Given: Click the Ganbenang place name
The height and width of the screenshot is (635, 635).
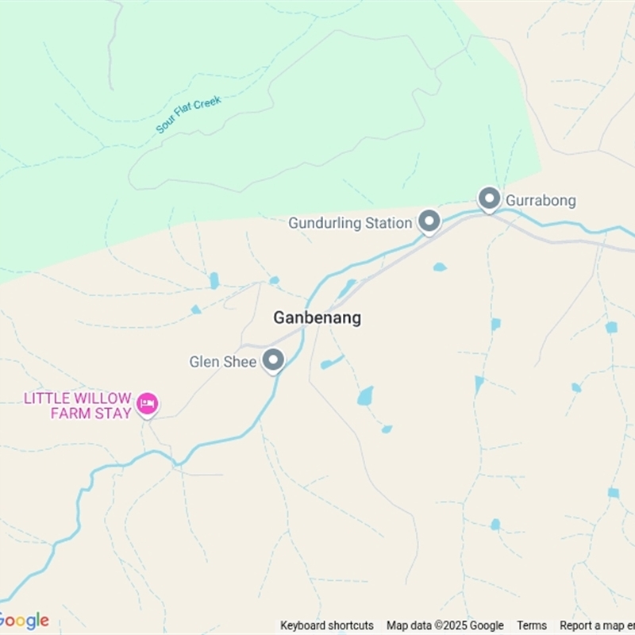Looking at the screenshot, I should pyautogui.click(x=317, y=317).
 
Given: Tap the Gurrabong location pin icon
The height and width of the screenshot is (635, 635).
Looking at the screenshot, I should pyautogui.click(x=489, y=198).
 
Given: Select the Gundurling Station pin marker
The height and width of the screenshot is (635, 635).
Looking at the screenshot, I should pyautogui.click(x=429, y=221).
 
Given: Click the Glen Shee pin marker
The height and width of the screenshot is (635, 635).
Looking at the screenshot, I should pyautogui.click(x=274, y=360).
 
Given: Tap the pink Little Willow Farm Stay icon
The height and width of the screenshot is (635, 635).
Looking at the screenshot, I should pyautogui.click(x=147, y=404).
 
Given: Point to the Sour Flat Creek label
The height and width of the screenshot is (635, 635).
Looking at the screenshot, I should pyautogui.click(x=188, y=114).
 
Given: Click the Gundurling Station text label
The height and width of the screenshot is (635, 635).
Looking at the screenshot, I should pyautogui.click(x=349, y=223).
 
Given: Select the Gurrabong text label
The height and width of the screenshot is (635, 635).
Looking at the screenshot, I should pyautogui.click(x=541, y=200).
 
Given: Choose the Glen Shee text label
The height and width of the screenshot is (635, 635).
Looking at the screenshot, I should pyautogui.click(x=223, y=362).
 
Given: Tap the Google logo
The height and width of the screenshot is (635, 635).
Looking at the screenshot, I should pyautogui.click(x=24, y=621).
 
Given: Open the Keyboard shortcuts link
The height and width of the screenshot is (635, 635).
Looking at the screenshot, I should pyautogui.click(x=327, y=625).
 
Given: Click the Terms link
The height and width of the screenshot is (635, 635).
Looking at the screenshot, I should pyautogui.click(x=532, y=625).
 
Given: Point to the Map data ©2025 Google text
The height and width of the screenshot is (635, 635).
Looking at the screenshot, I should pyautogui.click(x=445, y=625).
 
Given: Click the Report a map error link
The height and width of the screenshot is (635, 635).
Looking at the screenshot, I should pyautogui.click(x=597, y=625).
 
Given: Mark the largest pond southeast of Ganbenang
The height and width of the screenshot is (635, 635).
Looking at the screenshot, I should pyautogui.click(x=365, y=396).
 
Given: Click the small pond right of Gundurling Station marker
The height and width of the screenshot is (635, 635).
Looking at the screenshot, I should pyautogui.click(x=440, y=267).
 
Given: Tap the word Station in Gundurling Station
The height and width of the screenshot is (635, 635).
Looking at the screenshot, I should pyautogui.click(x=388, y=223).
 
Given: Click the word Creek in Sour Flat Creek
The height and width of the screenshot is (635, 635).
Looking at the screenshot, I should pyautogui.click(x=206, y=104).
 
